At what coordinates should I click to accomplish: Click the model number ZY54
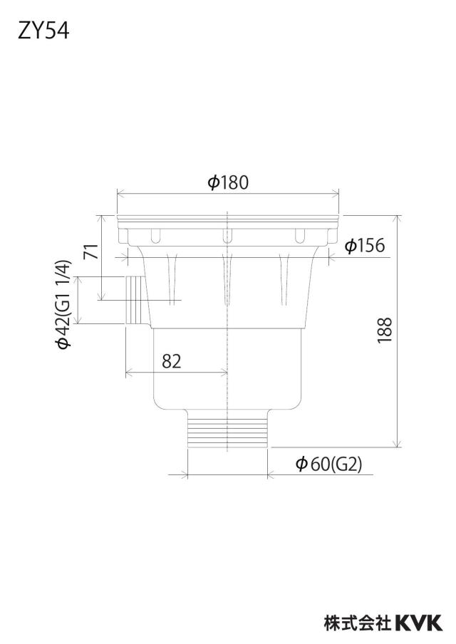tap(43, 31)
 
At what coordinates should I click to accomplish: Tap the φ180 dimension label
tap(228, 182)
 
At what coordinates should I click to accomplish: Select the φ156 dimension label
tap(364, 246)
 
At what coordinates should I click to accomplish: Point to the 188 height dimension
tap(385, 331)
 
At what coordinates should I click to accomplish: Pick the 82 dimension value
tap(171, 361)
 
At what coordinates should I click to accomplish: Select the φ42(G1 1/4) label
tap(65, 304)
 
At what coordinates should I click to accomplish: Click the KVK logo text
tap(419, 623)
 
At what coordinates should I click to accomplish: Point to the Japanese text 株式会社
tap(358, 623)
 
